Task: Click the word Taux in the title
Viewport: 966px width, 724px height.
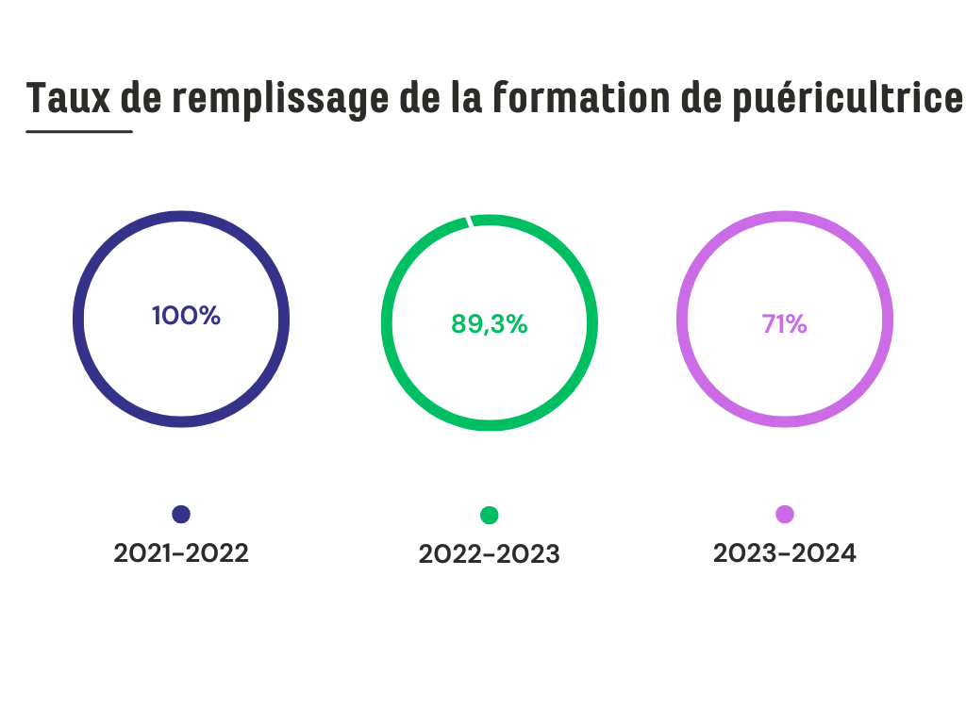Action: point(67,98)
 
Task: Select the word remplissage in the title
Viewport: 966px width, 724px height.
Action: point(280,98)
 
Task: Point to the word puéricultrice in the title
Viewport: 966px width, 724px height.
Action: point(848,98)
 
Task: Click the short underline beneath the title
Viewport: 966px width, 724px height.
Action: point(79,131)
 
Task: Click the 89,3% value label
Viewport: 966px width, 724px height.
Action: point(489,324)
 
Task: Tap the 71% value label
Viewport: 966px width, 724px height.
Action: point(784,324)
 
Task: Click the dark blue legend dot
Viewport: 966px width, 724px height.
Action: point(181,514)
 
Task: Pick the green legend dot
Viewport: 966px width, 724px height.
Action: point(489,515)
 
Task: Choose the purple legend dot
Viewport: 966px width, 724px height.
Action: point(784,514)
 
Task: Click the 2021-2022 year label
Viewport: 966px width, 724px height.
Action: point(181,553)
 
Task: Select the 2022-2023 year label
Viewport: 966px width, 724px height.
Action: point(489,555)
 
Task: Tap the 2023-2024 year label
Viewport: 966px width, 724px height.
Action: point(784,553)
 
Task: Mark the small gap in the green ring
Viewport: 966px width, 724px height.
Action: point(469,222)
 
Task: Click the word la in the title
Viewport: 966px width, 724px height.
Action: point(462,98)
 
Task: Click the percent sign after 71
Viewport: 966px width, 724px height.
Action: point(797,324)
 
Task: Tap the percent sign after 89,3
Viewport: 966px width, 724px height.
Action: point(515,324)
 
